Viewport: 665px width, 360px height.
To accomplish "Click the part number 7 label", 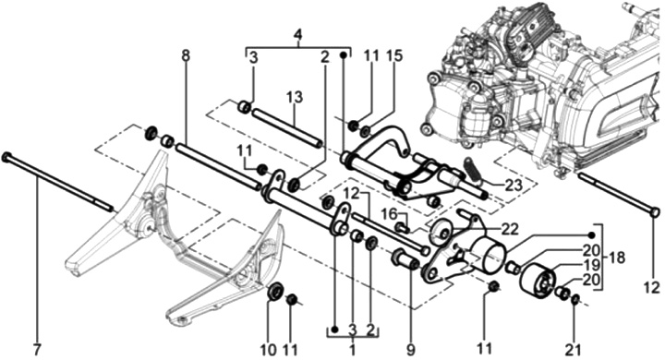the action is (37, 350).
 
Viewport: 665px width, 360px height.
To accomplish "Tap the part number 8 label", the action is (186, 55).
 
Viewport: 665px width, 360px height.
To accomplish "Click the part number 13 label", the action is (295, 97).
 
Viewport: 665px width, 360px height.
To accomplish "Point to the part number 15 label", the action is (394, 56).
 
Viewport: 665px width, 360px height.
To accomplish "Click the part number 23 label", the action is (514, 186).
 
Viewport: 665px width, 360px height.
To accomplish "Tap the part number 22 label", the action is (509, 229).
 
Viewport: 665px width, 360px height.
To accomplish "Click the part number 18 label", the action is (617, 258).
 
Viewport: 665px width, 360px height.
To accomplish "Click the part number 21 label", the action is (573, 350).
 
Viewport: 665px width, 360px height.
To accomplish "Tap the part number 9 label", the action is (410, 350).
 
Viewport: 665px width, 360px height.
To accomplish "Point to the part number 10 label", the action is (268, 350).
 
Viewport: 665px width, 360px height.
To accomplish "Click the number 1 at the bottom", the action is (353, 350).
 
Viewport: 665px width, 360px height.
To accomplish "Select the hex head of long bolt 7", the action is (6, 157).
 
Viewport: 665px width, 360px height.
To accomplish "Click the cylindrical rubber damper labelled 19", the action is (538, 282).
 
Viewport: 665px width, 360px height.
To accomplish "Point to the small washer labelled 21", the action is (575, 300).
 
